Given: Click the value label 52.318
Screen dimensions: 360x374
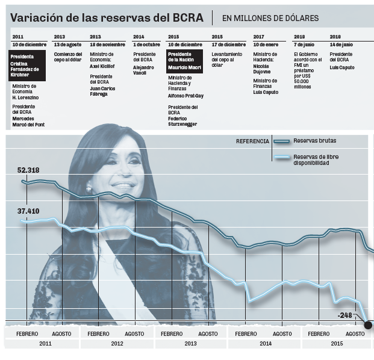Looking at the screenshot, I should coord(28,170).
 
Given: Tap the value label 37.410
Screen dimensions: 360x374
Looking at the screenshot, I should coord(28,211).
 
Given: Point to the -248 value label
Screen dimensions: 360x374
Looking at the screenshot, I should coord(345,315).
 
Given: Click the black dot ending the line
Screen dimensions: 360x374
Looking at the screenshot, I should coord(368,325).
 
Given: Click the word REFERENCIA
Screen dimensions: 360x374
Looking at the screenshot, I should coord(252,141).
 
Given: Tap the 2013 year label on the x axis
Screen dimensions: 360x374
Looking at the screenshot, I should coord(190,344).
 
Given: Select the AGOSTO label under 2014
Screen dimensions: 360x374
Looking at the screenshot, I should coord(282,334).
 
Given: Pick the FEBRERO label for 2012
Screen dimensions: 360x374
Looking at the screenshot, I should coord(99,334).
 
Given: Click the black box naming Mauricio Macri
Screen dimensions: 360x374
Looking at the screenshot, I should coord(185,61).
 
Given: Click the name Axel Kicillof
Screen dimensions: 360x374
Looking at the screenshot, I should coord(103,67).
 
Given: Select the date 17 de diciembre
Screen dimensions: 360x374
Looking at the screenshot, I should coord(228,45).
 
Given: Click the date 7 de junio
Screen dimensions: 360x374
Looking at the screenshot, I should coord(304,45).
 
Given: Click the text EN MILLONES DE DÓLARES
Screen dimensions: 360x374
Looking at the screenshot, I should coord(270,19).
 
